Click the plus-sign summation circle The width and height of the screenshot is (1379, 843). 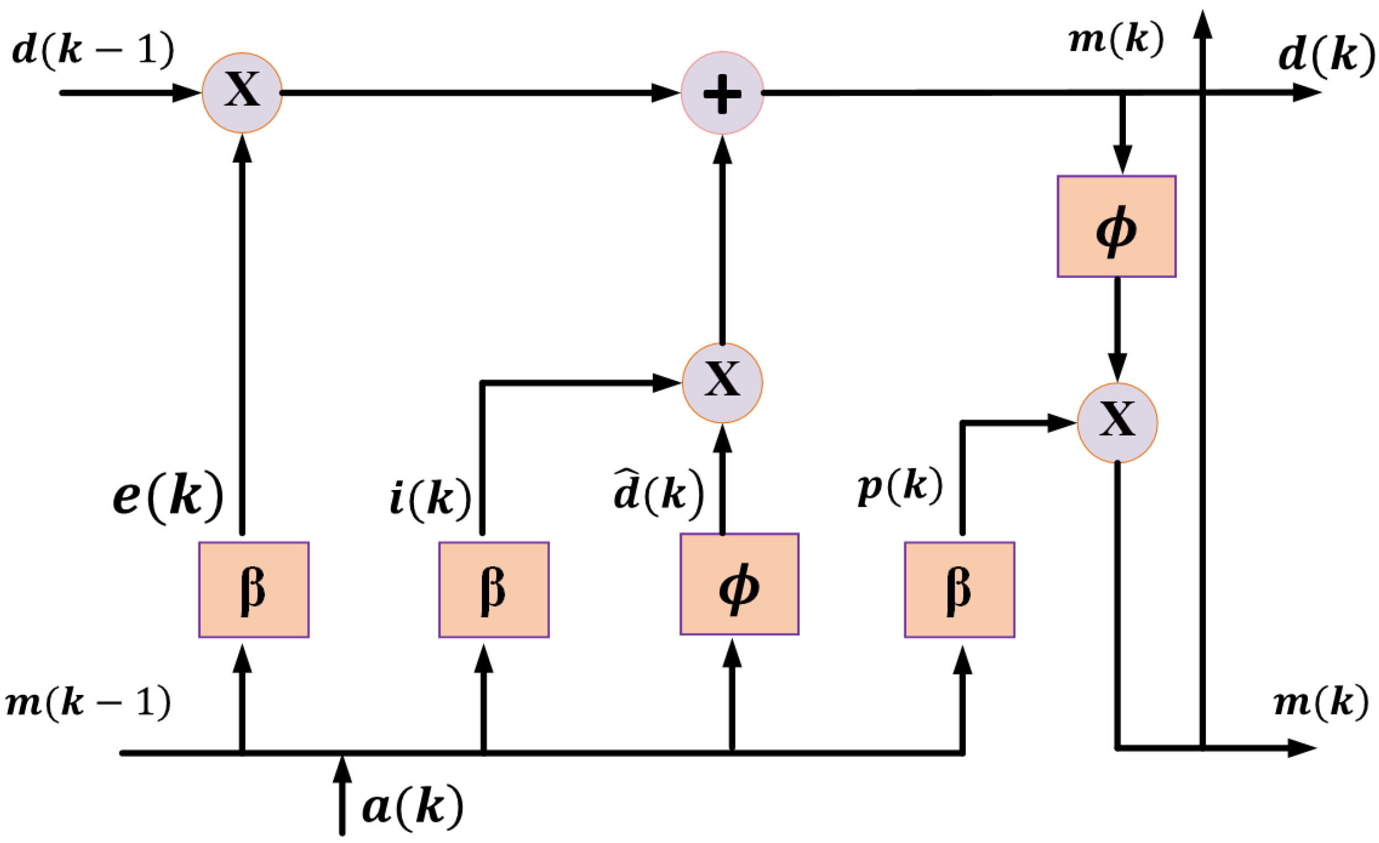click(722, 93)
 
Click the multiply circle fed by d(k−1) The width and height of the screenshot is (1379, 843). click(242, 93)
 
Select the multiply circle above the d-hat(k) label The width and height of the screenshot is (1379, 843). click(722, 383)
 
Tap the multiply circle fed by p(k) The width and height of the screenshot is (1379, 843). click(1117, 423)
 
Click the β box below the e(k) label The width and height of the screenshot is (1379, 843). click(254, 589)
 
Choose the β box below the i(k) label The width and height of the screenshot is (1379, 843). click(494, 589)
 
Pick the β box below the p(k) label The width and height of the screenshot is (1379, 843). click(959, 589)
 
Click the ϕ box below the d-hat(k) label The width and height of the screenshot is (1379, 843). click(739, 584)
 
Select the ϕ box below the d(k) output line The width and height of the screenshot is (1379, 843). click(1116, 226)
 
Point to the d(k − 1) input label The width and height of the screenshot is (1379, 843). click(93, 50)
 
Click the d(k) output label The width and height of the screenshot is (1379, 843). click(1325, 56)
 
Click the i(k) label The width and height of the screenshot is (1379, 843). click(430, 498)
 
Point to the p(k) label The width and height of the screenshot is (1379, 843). click(900, 486)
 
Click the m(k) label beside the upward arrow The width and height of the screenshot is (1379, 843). click(1116, 40)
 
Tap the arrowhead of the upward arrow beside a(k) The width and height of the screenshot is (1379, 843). click(342, 769)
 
